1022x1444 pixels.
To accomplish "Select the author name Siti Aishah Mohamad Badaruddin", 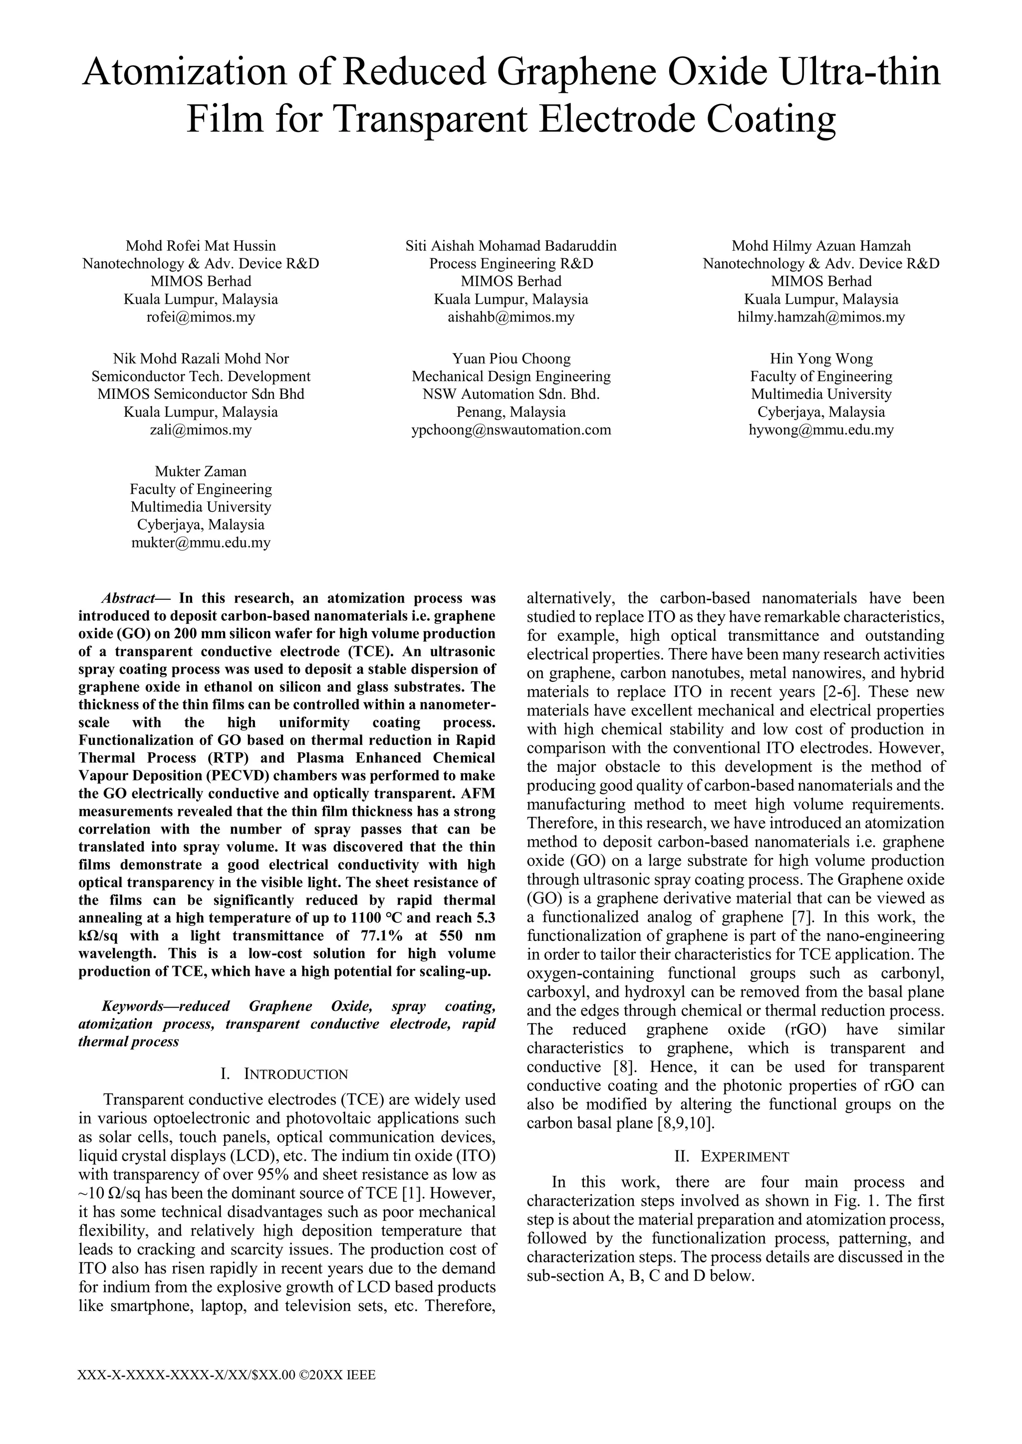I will (511, 246).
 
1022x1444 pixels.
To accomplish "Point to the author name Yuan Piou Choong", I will (511, 359).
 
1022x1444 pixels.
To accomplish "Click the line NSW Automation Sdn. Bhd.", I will (511, 394).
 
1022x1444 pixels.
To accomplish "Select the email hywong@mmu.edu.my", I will (821, 430).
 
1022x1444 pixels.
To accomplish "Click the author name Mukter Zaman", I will (201, 472).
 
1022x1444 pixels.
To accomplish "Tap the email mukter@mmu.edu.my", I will (201, 543).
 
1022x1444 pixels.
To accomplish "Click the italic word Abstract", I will (128, 598).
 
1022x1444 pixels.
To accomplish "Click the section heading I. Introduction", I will (286, 1074).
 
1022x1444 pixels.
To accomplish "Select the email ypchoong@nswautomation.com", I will (511, 430).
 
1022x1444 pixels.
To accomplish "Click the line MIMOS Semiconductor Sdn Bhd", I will (201, 394).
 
